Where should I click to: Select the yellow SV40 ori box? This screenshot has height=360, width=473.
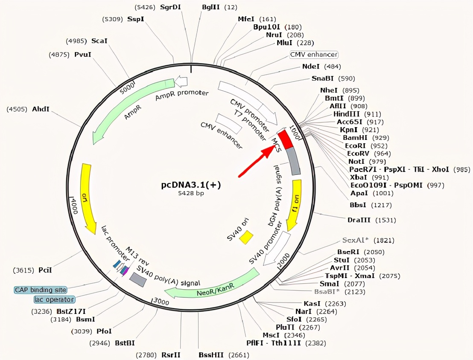pos(246,237)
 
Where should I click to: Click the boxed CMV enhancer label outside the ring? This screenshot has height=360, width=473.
pos(314,55)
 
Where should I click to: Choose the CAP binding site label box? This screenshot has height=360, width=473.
pos(41,290)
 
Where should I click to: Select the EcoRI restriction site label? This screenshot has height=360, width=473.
pos(355,145)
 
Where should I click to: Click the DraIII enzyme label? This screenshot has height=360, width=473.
pos(360,220)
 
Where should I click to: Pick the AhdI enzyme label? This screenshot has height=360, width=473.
pos(41,109)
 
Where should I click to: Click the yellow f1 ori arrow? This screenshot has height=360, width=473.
pos(294,205)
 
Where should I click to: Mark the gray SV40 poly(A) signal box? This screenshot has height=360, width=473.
pos(138,279)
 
